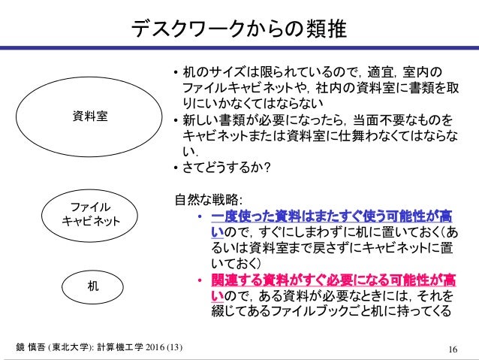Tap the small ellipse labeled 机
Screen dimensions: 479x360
coord(89,286)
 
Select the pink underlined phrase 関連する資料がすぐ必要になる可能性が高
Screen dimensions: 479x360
coord(331,280)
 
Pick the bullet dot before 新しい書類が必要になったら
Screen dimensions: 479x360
coord(175,120)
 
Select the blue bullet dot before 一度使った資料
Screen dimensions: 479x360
coord(200,219)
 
